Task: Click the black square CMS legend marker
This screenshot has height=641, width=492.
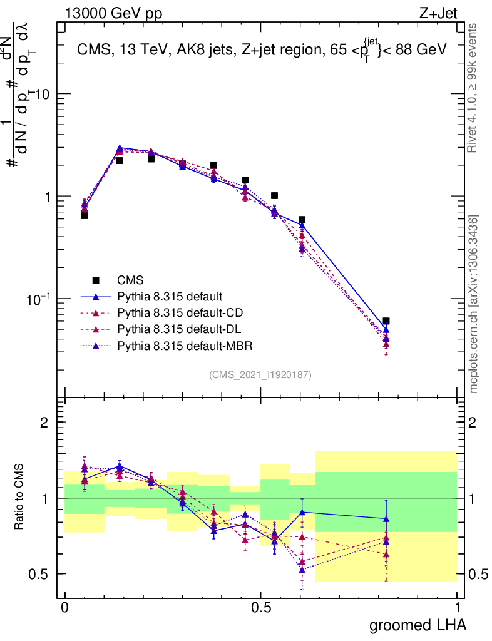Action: point(96,280)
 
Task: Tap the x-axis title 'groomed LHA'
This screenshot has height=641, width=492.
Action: point(418,624)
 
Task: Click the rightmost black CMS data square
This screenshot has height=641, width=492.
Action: point(386,321)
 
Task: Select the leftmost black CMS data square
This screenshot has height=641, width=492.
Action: point(85,215)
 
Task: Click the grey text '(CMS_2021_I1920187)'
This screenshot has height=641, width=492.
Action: point(260,374)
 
